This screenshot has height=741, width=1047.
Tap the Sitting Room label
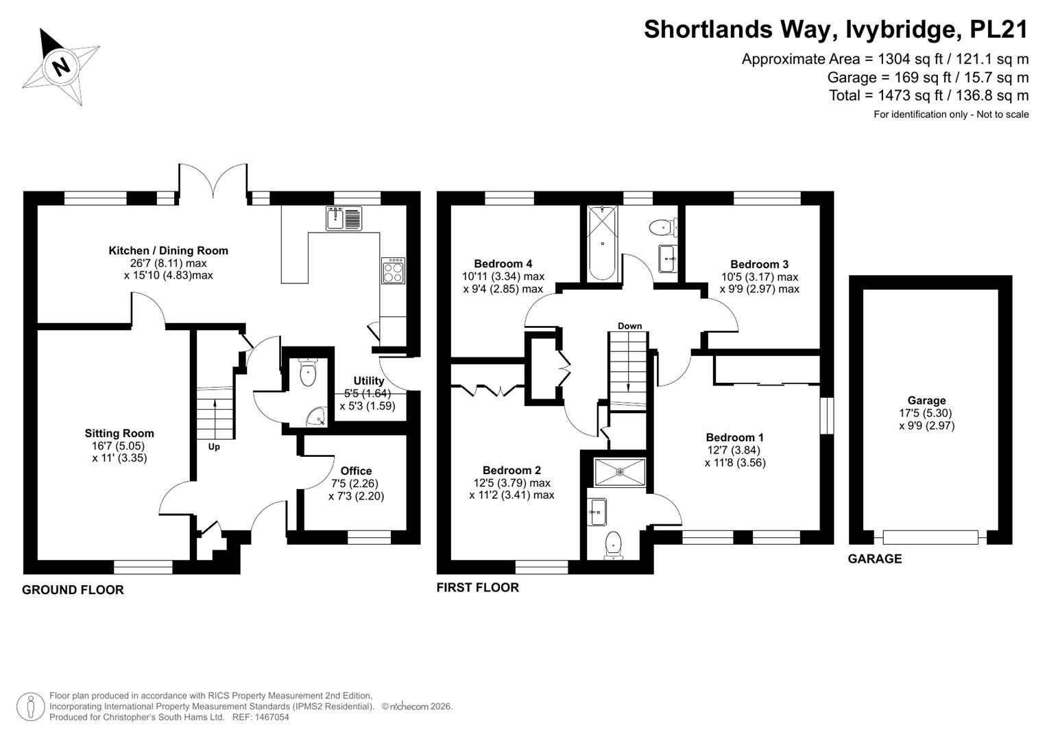[119, 433]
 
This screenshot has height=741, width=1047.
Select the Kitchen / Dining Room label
[168, 250]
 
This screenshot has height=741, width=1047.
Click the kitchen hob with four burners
[393, 271]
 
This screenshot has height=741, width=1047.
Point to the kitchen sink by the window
[344, 218]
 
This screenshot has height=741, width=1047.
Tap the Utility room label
[369, 381]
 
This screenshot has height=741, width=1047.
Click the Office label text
[356, 471]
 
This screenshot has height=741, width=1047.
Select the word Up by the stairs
[214, 447]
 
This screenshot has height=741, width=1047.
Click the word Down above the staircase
[629, 326]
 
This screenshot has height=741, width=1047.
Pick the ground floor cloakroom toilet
[308, 372]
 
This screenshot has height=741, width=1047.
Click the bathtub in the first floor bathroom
[603, 244]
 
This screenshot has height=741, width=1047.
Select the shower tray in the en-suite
[620, 472]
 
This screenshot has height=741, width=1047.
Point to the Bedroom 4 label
[503, 264]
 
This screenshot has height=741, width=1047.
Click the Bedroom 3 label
[760, 264]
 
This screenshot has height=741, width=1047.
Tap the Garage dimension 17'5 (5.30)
[926, 413]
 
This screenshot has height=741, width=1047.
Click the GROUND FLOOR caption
[73, 590]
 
